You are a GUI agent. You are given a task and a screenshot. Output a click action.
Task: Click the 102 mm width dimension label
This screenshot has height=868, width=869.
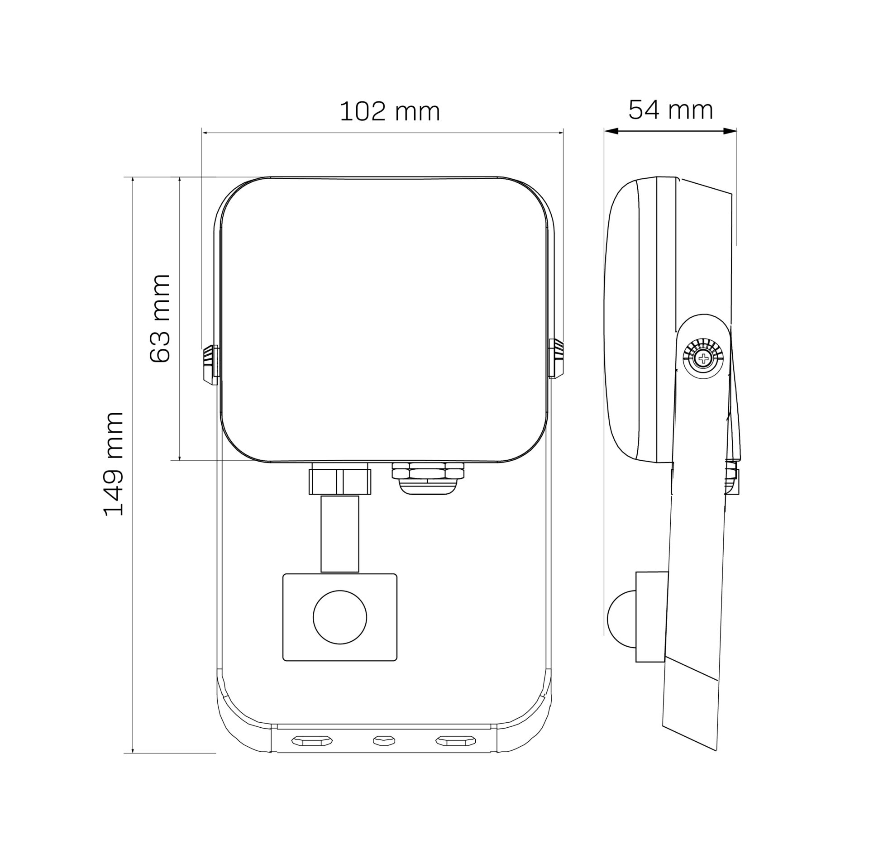(390, 111)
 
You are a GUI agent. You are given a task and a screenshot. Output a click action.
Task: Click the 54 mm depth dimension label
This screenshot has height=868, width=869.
(671, 110)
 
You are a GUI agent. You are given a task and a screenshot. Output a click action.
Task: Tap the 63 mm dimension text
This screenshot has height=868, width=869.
(160, 318)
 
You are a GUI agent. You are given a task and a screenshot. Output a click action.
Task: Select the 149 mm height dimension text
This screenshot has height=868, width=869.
(114, 464)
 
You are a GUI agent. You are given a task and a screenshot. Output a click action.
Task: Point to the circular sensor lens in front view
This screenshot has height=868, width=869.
(340, 617)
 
